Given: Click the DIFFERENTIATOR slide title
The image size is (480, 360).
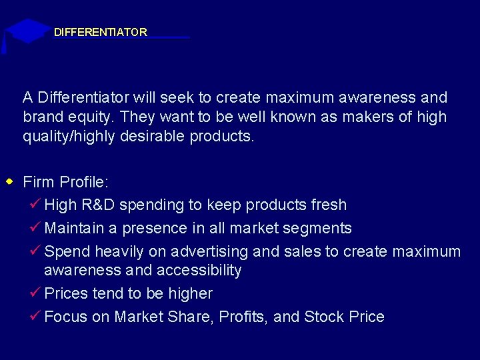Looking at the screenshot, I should pyautogui.click(x=101, y=32).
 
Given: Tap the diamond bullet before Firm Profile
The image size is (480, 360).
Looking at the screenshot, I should pyautogui.click(x=9, y=181).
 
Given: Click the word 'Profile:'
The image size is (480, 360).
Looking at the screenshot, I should pyautogui.click(x=84, y=182).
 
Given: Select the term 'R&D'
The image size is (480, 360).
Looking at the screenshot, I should pyautogui.click(x=99, y=205).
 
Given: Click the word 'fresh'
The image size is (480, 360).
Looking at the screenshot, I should pyautogui.click(x=326, y=205).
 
